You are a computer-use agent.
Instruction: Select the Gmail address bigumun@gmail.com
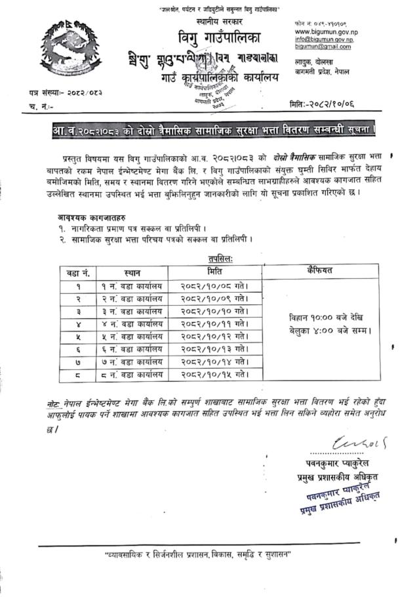[x=323, y=47]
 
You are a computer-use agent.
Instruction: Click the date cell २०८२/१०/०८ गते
[x=214, y=286]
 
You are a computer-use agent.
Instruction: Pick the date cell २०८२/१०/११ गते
[x=214, y=324]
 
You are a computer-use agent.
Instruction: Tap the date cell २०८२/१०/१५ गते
[x=214, y=375]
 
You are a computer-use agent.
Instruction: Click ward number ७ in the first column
[x=79, y=361]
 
